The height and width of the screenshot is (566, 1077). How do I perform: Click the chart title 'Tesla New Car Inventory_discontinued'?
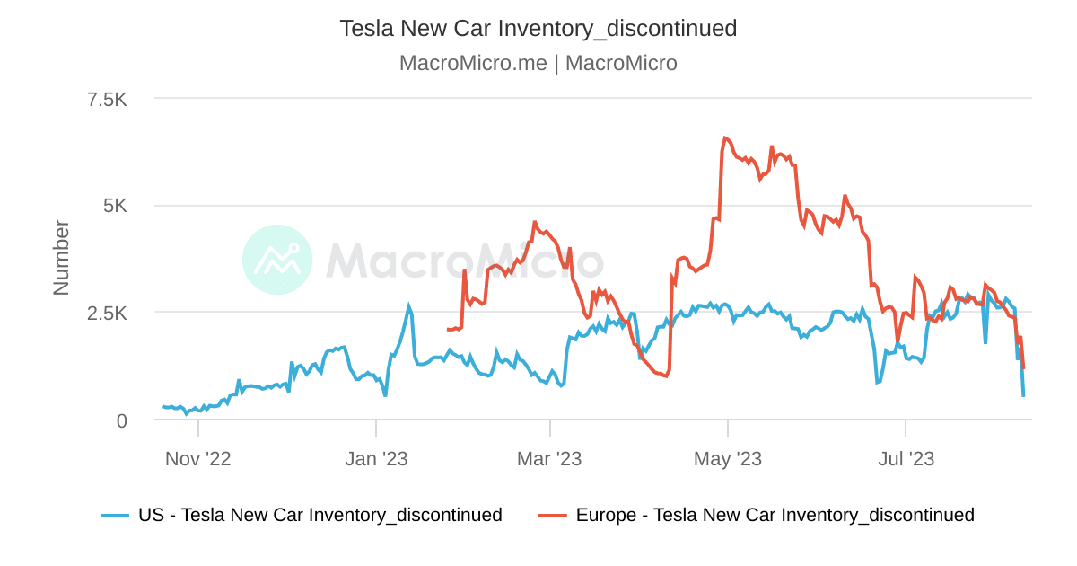pos(538,28)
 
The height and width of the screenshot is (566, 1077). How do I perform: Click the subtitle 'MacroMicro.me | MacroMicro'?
pos(538,63)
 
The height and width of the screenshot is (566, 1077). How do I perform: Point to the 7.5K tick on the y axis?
pos(107,99)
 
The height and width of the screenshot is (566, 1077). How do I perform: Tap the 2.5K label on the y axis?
pos(107,313)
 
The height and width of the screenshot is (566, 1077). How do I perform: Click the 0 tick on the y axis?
pos(121,420)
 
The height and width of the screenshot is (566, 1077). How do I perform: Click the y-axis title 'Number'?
pos(61,257)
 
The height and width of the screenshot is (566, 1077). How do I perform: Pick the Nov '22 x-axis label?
pos(197,459)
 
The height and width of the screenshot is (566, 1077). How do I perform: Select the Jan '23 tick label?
pos(376,459)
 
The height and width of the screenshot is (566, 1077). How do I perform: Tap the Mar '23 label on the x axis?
pos(549,459)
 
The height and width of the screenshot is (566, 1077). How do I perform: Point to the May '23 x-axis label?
pos(728,459)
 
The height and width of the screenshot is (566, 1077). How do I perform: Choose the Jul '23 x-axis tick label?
pos(906,459)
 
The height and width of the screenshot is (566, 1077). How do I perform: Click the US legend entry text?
pos(320,515)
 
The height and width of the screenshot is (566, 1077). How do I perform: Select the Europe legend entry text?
pos(775,515)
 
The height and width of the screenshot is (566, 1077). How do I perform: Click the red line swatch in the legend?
pos(553,516)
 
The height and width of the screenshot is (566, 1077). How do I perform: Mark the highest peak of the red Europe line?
pos(724,138)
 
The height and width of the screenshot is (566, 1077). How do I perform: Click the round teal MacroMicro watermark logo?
pos(277,260)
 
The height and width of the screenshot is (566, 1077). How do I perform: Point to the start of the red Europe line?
pos(447,329)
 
